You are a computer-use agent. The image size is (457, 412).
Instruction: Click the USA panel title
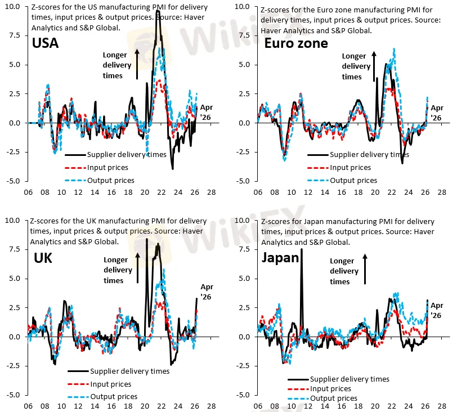[x=45, y=43]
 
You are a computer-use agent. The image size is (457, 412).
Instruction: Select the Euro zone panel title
[x=296, y=43]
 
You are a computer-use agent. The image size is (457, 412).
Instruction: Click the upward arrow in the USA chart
[x=137, y=63]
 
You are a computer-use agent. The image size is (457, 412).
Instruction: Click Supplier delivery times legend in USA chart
[x=127, y=155]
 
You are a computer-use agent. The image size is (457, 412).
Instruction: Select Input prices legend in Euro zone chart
[x=350, y=168]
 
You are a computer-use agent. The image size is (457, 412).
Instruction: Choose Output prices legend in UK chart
[x=114, y=397]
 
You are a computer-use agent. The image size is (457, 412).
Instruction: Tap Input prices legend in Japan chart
[x=330, y=389]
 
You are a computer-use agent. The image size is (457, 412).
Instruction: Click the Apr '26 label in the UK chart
[x=207, y=292]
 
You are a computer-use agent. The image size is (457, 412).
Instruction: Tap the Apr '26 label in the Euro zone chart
[x=437, y=113]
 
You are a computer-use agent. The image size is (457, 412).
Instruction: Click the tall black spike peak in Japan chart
[x=302, y=249]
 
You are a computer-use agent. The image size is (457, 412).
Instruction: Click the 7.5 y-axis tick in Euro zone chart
[x=244, y=35]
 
